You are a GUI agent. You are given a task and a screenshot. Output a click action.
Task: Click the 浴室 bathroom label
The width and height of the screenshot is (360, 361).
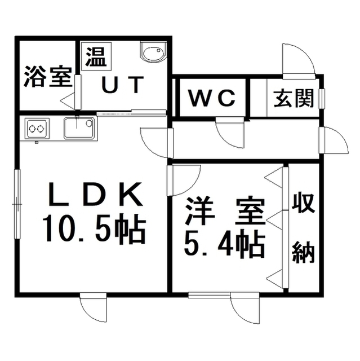tap(48, 77)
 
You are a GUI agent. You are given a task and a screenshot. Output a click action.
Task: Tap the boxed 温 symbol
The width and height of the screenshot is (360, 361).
tap(96, 56)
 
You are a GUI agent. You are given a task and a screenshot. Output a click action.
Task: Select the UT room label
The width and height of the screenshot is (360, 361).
tap(123, 85)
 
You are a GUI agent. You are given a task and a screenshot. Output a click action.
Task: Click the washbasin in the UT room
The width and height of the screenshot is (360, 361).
tap(152, 52)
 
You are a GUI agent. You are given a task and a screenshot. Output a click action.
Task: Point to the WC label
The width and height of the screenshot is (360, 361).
tap(212, 98)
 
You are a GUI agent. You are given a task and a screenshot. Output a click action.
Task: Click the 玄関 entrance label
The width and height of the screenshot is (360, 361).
tap(294, 98)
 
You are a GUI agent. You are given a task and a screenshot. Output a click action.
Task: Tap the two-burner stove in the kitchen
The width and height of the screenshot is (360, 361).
tap(37, 129)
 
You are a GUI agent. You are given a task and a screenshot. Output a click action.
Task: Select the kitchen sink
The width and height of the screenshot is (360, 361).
tap(79, 128)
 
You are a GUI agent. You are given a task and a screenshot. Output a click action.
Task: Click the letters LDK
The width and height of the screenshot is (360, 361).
tap(95, 194)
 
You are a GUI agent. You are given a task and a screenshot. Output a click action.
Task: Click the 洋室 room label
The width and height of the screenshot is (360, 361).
tap(225, 211)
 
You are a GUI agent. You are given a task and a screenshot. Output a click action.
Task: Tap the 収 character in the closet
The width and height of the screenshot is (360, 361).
tap(303, 203)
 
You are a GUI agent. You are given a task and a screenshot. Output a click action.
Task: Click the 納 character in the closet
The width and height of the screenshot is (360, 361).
tap(303, 253)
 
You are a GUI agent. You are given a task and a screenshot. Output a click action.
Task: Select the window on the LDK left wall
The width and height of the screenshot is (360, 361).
tap(17, 204)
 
